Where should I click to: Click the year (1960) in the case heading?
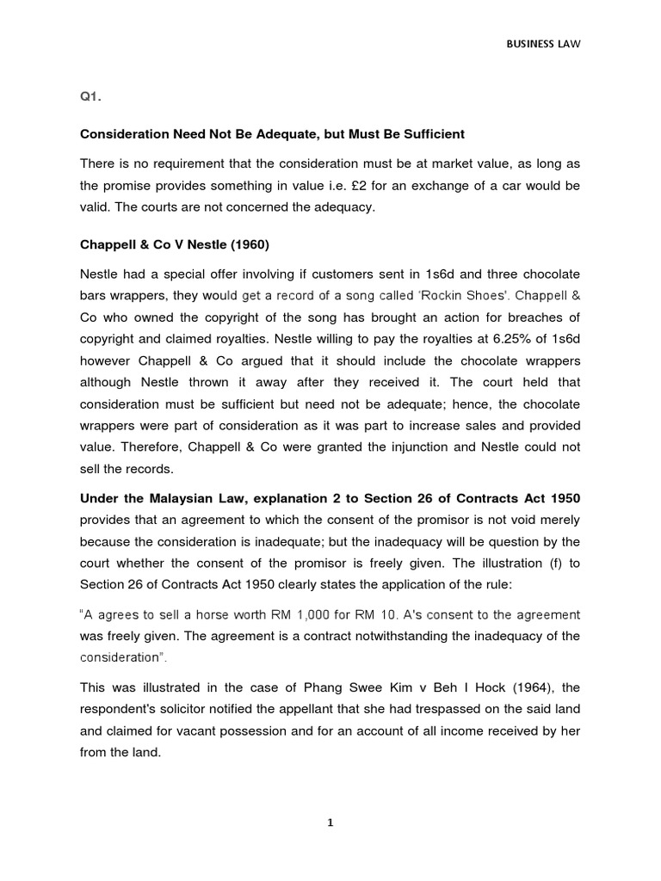pyautogui.click(x=248, y=244)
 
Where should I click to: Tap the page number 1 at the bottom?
pyautogui.click(x=330, y=822)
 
